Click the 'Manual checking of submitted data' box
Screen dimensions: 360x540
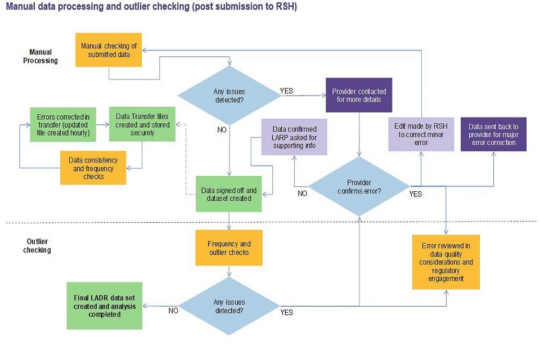(x=109, y=50)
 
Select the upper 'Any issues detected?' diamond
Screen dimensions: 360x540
(x=229, y=95)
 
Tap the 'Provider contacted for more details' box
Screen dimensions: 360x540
(x=359, y=95)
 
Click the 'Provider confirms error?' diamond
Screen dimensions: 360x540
(x=359, y=186)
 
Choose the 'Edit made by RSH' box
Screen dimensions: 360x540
(x=421, y=134)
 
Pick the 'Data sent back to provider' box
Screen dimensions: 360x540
(x=493, y=134)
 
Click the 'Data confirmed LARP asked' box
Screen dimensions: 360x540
(x=294, y=138)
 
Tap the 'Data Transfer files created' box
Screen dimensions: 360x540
(x=142, y=124)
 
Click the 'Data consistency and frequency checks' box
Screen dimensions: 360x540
(x=93, y=168)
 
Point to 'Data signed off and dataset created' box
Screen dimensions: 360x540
(x=229, y=194)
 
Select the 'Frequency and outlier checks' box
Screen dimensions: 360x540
(x=229, y=248)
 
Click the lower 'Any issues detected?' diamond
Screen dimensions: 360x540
(x=229, y=306)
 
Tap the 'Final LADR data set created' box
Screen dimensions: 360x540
(x=104, y=306)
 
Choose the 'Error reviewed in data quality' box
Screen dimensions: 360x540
(x=446, y=262)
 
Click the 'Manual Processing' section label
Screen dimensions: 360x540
(x=40, y=56)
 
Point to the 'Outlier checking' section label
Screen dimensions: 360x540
(x=37, y=245)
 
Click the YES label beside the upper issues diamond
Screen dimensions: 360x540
(x=286, y=91)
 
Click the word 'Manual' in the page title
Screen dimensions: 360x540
(x=21, y=7)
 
